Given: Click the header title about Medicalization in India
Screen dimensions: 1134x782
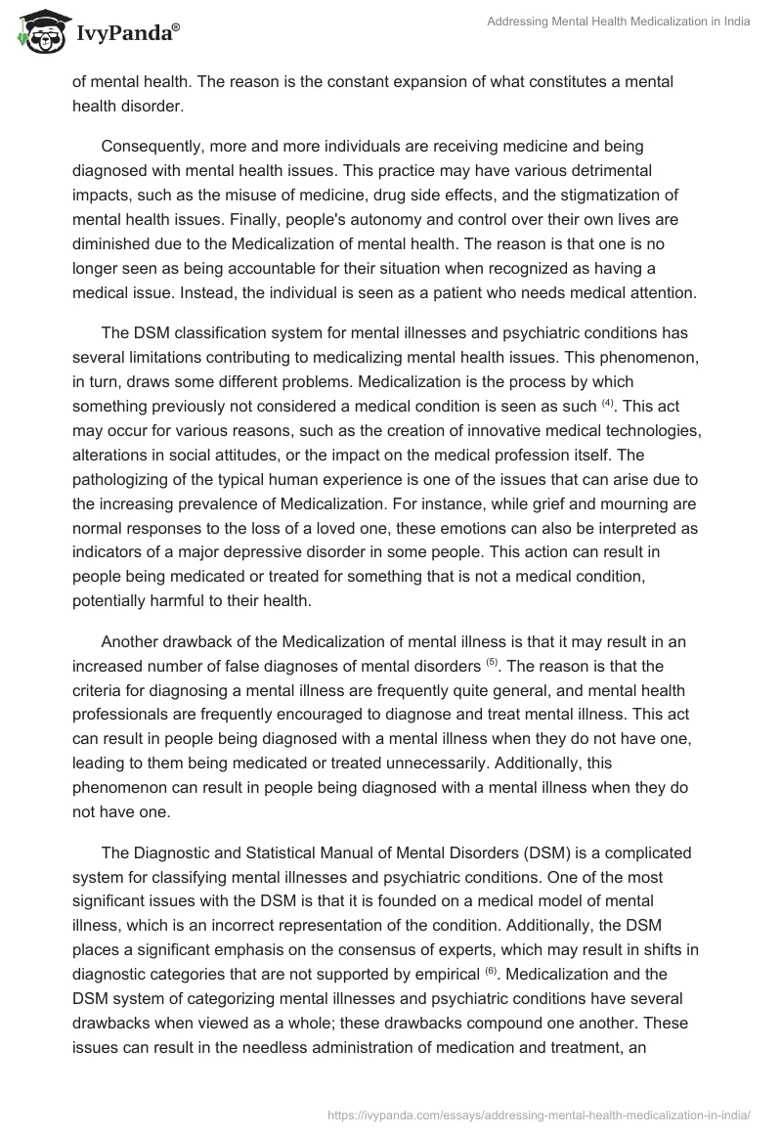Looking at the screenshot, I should tap(619, 22).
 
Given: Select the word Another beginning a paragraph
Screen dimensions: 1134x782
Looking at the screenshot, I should tap(132, 642).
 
